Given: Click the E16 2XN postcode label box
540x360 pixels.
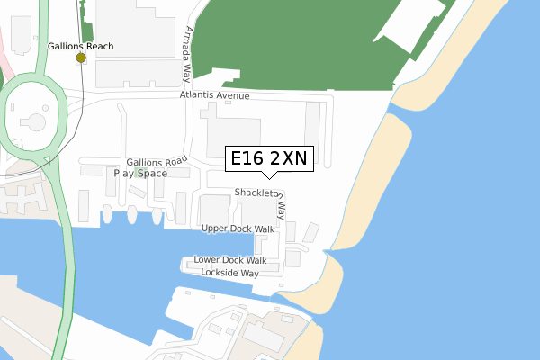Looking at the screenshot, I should click(268, 159).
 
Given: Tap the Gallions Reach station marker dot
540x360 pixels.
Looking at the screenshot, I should click(81, 58).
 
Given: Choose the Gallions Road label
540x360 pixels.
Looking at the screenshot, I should click(157, 161).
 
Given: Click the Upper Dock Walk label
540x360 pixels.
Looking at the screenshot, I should click(238, 229).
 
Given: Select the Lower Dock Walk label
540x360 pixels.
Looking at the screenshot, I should click(230, 260).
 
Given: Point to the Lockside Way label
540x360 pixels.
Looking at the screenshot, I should click(229, 272).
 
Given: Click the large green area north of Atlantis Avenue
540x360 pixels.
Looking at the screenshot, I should click(297, 45).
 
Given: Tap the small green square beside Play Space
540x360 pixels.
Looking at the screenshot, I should click(141, 171).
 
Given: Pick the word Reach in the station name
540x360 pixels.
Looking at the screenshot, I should click(102, 44).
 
